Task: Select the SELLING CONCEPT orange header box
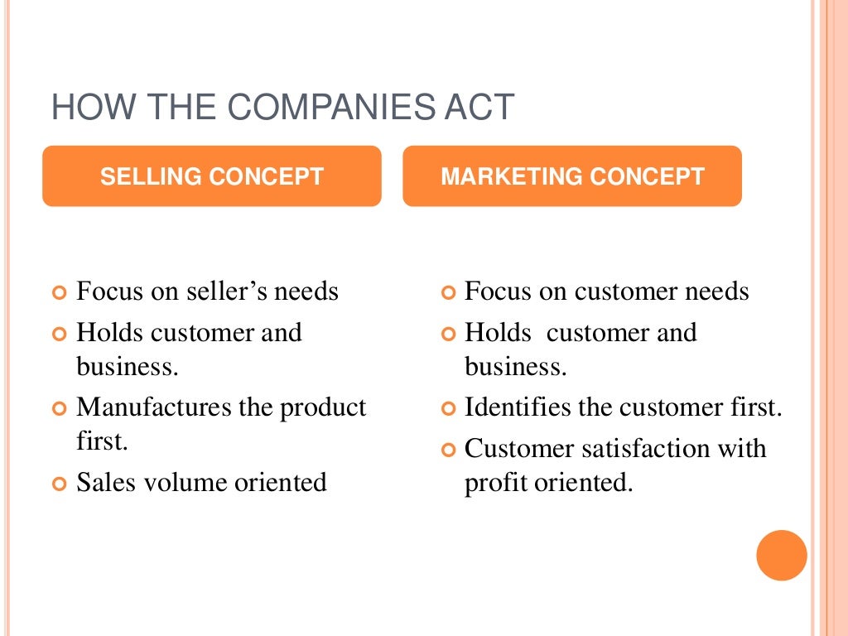[x=212, y=176]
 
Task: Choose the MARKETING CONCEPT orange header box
[x=572, y=176]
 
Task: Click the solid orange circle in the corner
[x=781, y=555]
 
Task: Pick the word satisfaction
[x=641, y=449]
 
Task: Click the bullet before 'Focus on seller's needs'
[x=59, y=293]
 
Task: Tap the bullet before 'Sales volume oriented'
[x=59, y=484]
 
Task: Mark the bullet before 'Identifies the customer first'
[x=448, y=409]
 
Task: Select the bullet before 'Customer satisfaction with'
[x=448, y=450]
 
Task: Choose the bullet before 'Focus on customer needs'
[x=448, y=293]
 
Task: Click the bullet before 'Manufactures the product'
[x=59, y=409]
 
